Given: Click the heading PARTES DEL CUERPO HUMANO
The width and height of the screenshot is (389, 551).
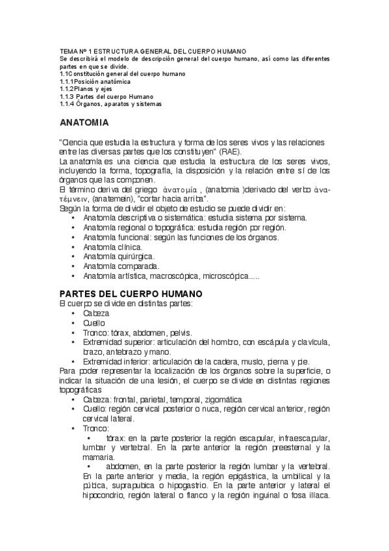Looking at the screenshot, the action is click(x=131, y=294).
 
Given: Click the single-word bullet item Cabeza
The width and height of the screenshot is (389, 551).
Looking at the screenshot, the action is click(x=96, y=313).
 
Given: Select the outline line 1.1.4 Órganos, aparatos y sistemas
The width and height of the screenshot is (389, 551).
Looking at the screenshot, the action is click(x=110, y=103).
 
